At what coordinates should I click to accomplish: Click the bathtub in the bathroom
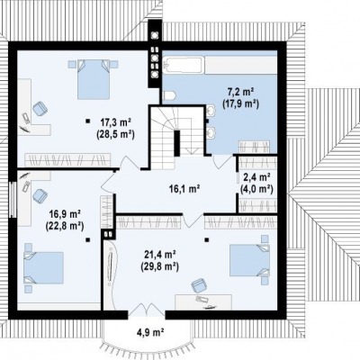pos(183,65)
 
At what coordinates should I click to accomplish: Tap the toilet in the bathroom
pos(169,95)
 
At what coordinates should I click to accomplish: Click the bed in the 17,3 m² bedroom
pos(94,79)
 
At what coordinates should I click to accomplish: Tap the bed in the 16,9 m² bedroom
pos(44,267)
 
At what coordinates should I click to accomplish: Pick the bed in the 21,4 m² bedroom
pos(249,260)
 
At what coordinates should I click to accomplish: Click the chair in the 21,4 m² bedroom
pos(199,285)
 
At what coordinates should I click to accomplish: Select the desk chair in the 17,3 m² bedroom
pos(40,108)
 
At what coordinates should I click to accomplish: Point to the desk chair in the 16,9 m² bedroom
pos(40,196)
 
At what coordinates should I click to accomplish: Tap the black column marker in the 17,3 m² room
pos(87,121)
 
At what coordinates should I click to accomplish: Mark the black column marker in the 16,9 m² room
pos(87,239)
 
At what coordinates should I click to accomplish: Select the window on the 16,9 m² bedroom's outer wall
pos(13,199)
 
